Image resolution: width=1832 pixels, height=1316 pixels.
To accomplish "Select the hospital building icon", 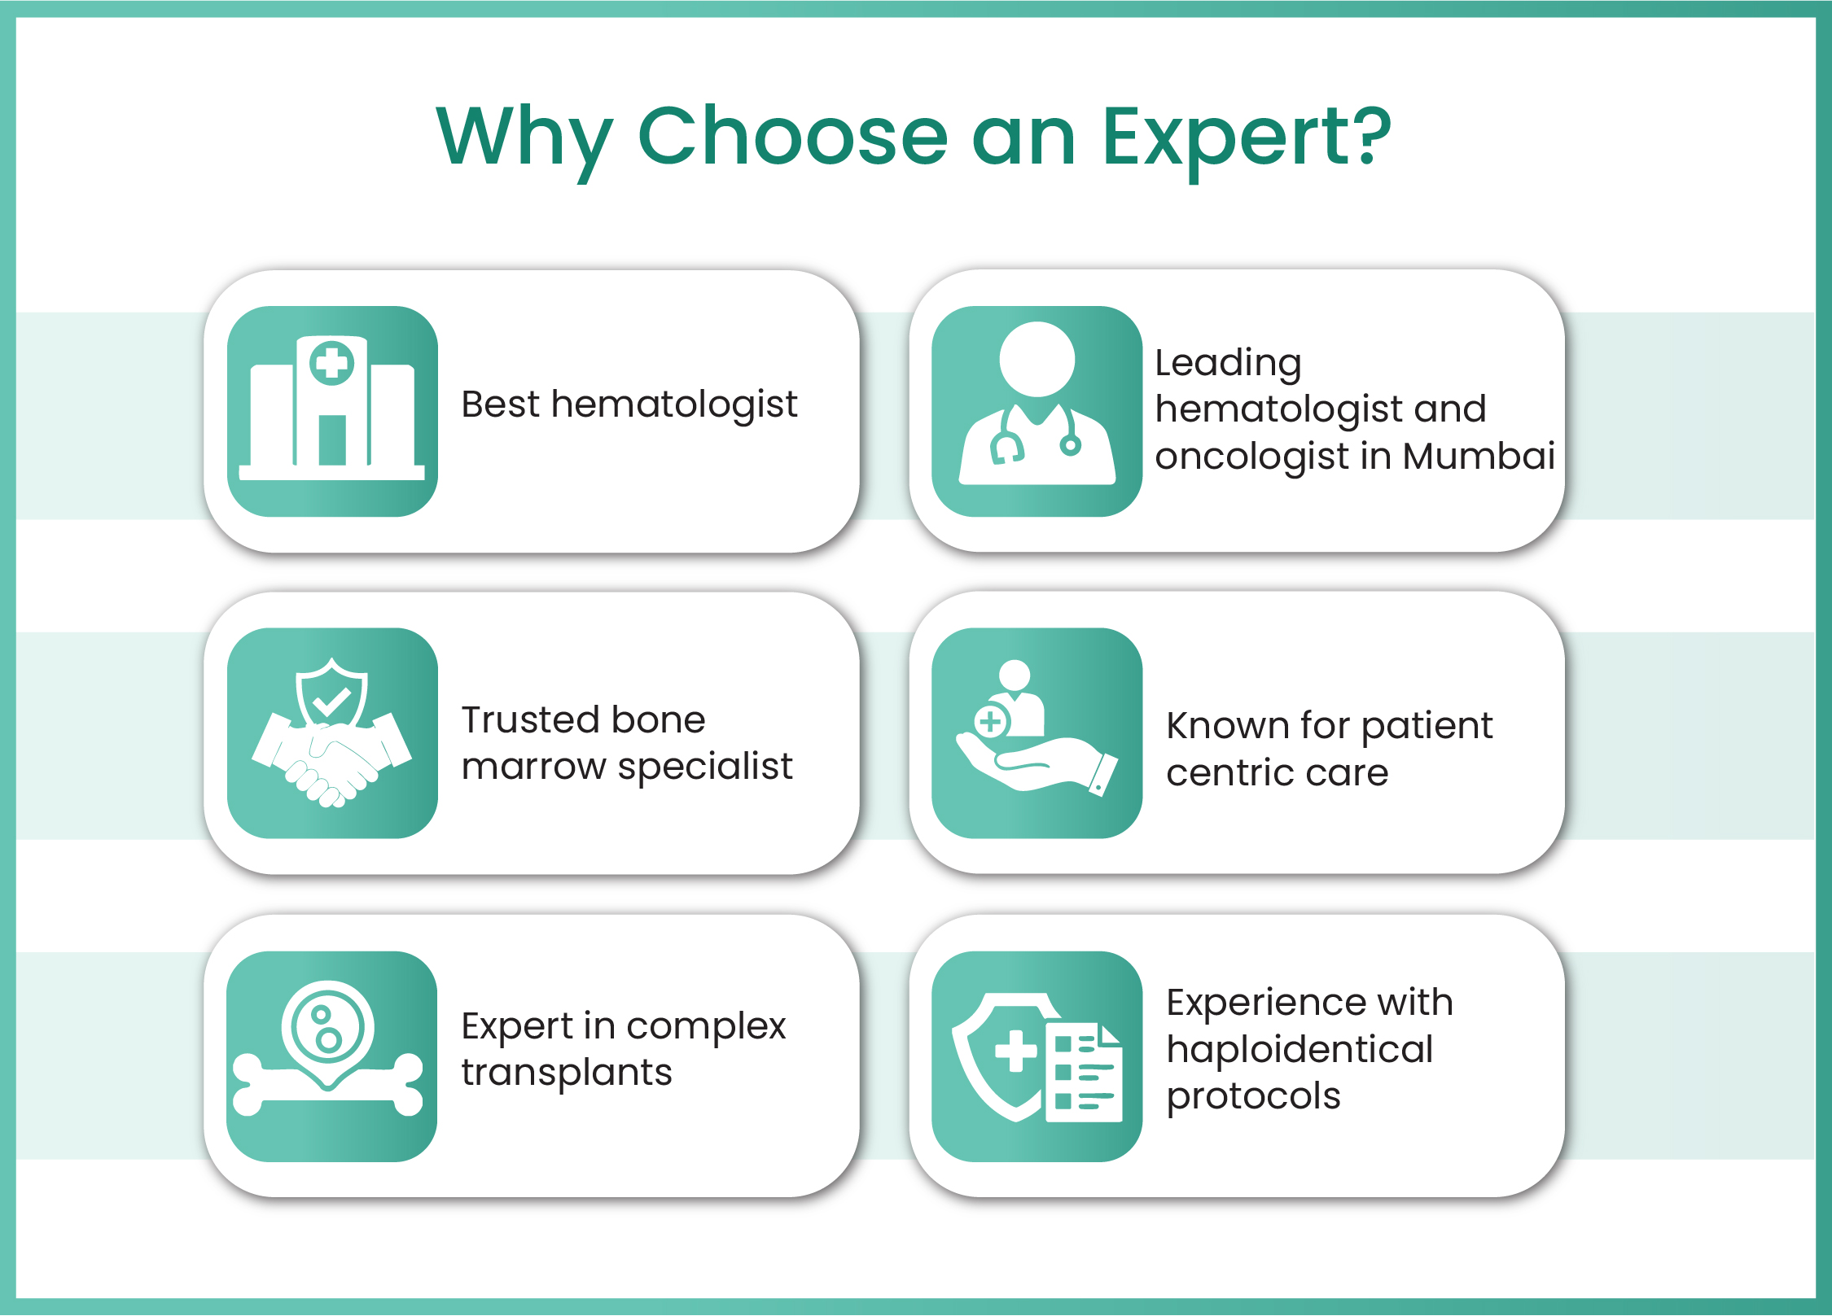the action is (332, 411).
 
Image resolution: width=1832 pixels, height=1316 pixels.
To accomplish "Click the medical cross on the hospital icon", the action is (332, 363).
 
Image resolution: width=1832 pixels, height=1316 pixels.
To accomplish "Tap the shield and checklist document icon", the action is (1037, 1056).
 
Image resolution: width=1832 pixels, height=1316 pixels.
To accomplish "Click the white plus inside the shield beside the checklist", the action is (1016, 1051).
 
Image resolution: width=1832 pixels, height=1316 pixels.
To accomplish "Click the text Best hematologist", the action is (629, 405).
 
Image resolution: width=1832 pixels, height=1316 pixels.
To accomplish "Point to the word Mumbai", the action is (1479, 456).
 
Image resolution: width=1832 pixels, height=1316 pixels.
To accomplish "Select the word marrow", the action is (534, 767).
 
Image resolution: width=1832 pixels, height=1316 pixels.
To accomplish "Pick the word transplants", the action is (567, 1073).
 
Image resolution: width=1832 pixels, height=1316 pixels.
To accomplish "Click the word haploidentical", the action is (1299, 1049).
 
